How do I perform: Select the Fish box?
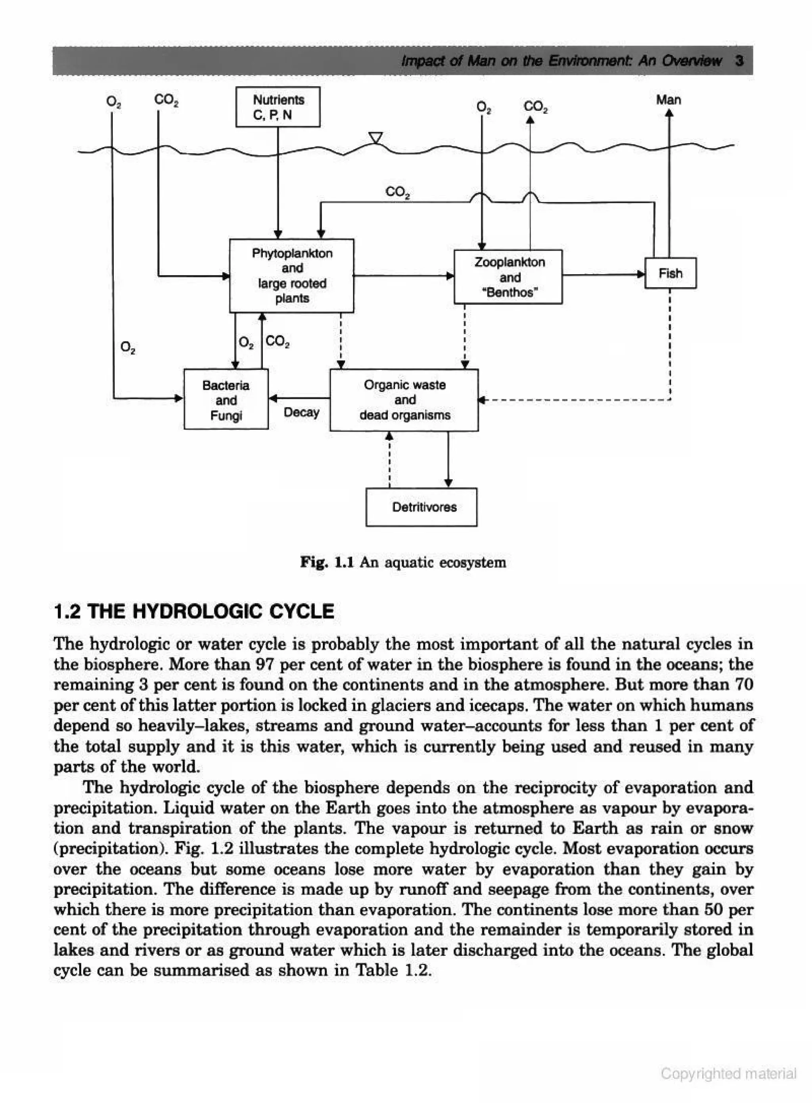tap(670, 273)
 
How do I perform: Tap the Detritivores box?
tap(421, 507)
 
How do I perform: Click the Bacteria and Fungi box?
tap(226, 400)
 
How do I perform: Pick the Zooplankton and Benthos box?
tap(508, 277)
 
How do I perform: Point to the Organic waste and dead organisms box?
tap(404, 400)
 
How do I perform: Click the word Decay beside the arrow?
tap(301, 412)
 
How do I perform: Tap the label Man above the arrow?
tap(668, 100)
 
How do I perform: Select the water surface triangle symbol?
tap(375, 138)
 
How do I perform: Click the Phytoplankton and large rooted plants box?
tap(291, 275)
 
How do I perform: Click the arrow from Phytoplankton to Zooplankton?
tap(403, 276)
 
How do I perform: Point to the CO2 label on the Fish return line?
tap(398, 192)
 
